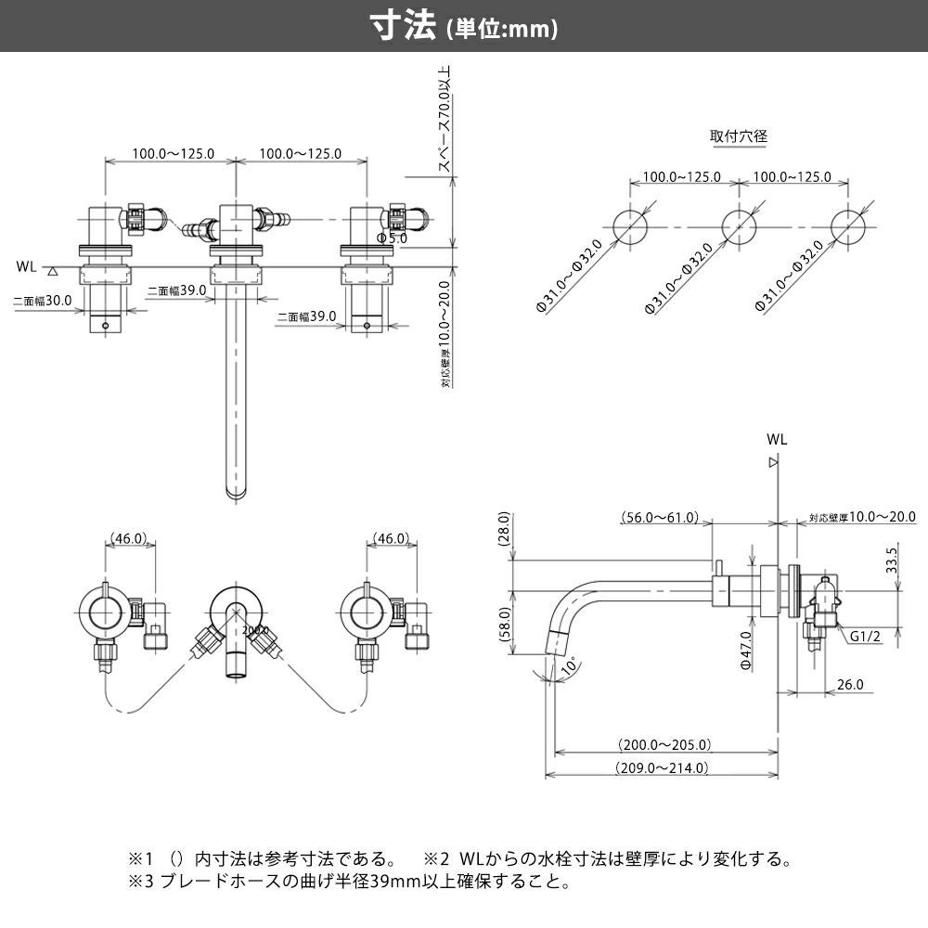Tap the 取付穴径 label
click(739, 135)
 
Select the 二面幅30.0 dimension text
click(43, 301)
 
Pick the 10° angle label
click(568, 665)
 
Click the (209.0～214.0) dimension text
click(661, 767)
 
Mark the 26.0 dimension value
click(849, 685)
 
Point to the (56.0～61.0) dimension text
click(660, 518)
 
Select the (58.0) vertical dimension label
click(505, 630)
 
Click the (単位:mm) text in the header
click(502, 30)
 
